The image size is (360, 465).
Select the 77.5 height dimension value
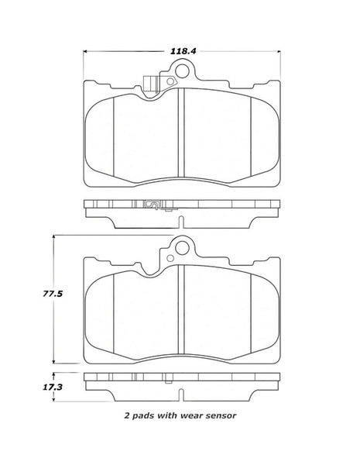tap(30, 294)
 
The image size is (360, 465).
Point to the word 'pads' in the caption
tap(146, 415)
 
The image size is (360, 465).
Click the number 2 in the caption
tap(127, 415)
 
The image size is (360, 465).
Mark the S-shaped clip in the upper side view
tap(153, 205)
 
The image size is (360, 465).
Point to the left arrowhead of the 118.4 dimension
tap(86, 51)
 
